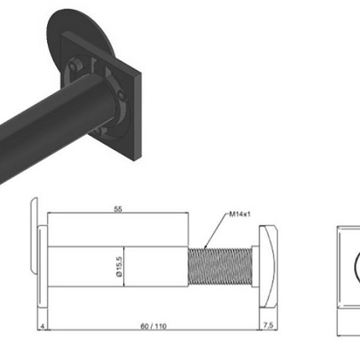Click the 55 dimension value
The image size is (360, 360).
tap(118, 209)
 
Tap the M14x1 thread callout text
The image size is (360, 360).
tap(240, 214)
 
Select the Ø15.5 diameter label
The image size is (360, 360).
tap(119, 266)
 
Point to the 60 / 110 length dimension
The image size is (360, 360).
tap(153, 326)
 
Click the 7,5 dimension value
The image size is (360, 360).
tap(268, 325)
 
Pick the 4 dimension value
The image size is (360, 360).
tap(43, 326)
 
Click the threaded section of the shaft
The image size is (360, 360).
tap(220, 266)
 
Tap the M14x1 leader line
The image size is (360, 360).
tap(215, 231)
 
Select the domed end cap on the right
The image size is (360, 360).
tap(268, 266)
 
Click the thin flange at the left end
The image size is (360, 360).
tap(43, 266)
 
